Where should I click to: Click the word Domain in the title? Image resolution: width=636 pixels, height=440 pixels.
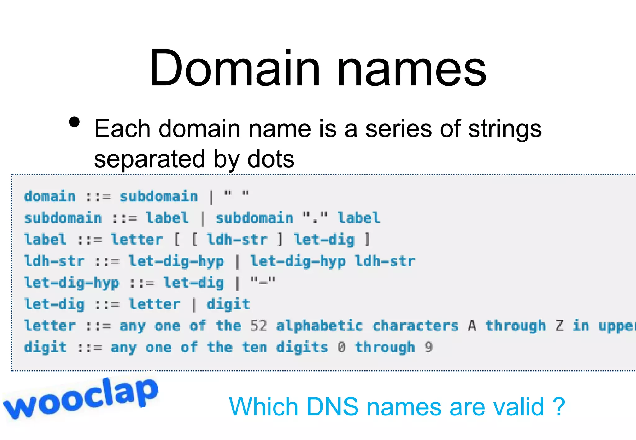(x=234, y=68)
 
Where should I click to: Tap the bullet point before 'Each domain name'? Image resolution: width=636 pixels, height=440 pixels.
(x=75, y=122)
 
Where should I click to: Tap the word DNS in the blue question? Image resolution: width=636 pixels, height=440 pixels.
(x=332, y=407)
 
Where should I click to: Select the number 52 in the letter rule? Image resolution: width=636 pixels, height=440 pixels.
(x=258, y=326)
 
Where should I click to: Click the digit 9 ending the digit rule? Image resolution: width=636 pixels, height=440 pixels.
(x=429, y=347)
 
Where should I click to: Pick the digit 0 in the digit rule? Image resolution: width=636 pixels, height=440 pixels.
(x=341, y=347)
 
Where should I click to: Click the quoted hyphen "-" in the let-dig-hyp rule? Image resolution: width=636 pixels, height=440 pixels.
(x=263, y=283)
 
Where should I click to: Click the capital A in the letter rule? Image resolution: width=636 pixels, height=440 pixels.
(x=472, y=326)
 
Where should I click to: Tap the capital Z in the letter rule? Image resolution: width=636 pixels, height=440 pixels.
(x=559, y=326)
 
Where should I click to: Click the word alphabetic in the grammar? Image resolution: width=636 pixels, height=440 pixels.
(x=320, y=326)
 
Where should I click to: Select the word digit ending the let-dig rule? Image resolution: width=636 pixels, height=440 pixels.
(x=228, y=304)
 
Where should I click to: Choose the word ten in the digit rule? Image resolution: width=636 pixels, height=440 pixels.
(x=254, y=347)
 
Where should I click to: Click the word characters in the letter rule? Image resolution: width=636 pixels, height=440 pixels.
(x=416, y=326)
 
